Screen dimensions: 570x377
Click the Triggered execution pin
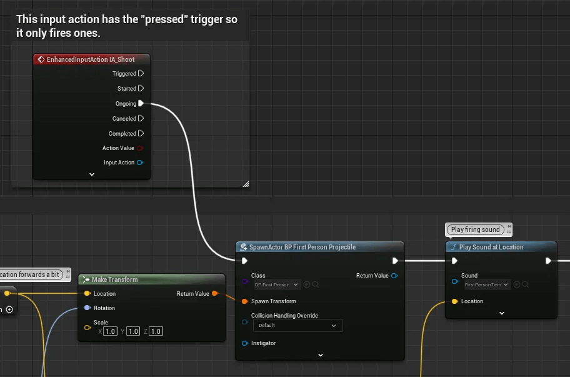pos(141,73)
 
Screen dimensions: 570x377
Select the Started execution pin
pos(141,88)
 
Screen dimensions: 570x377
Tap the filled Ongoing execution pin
pos(141,103)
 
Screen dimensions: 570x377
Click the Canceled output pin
pos(141,118)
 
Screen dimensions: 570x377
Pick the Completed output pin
pos(141,133)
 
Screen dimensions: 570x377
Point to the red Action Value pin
pos(140,148)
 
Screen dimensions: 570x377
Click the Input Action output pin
pos(140,163)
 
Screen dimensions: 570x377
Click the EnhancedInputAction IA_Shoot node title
pos(90,59)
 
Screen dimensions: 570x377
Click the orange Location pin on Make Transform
pos(87,293)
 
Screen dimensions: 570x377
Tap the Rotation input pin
pos(87,308)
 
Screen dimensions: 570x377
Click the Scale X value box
pos(111,331)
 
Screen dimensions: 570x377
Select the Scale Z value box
pos(156,331)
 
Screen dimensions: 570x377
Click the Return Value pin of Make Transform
pos(215,293)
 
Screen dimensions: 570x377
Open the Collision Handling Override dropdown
pos(297,325)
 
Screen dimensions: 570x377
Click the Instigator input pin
pos(245,343)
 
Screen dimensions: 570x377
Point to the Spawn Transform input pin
pos(245,301)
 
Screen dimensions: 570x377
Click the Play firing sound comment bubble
pos(476,229)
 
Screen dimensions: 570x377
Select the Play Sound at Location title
pos(491,247)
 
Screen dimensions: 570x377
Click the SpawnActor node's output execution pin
pos(395,261)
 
